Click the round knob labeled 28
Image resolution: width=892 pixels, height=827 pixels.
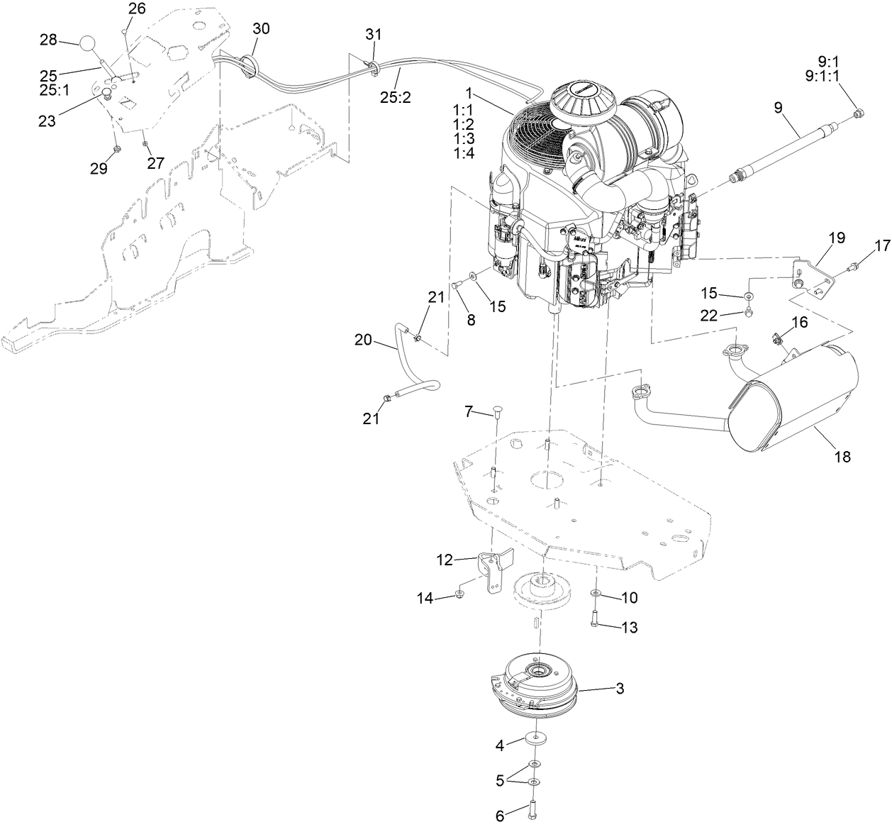tap(87, 42)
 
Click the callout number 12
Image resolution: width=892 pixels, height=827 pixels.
tap(444, 560)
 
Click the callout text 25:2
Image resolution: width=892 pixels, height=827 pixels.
tap(395, 98)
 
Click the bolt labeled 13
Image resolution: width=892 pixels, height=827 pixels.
tap(594, 618)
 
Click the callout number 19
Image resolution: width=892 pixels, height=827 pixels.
tap(837, 238)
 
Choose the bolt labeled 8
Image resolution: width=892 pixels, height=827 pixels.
tap(457, 285)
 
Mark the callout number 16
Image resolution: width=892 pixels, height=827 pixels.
tap(799, 323)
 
